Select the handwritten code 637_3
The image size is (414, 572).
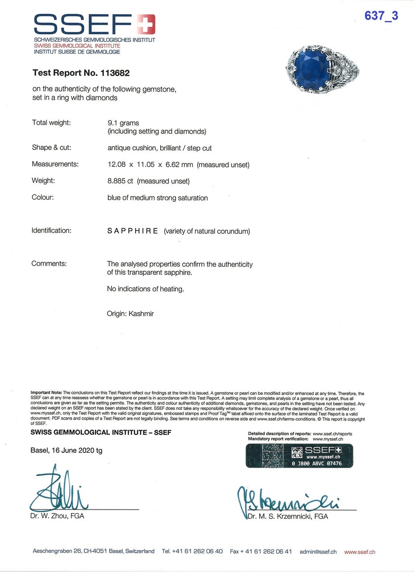click(x=381, y=16)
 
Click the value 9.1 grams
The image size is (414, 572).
click(x=123, y=123)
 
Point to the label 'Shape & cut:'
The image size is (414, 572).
click(x=51, y=148)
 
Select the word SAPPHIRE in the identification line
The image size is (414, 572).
click(x=132, y=231)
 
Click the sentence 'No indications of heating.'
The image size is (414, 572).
click(x=145, y=289)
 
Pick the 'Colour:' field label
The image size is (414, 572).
click(x=42, y=197)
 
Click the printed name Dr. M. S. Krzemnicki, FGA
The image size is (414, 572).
click(x=288, y=516)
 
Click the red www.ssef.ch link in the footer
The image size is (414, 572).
click(x=360, y=552)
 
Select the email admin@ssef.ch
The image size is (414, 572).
click(x=318, y=552)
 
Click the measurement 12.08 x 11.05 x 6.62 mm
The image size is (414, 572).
click(x=150, y=165)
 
